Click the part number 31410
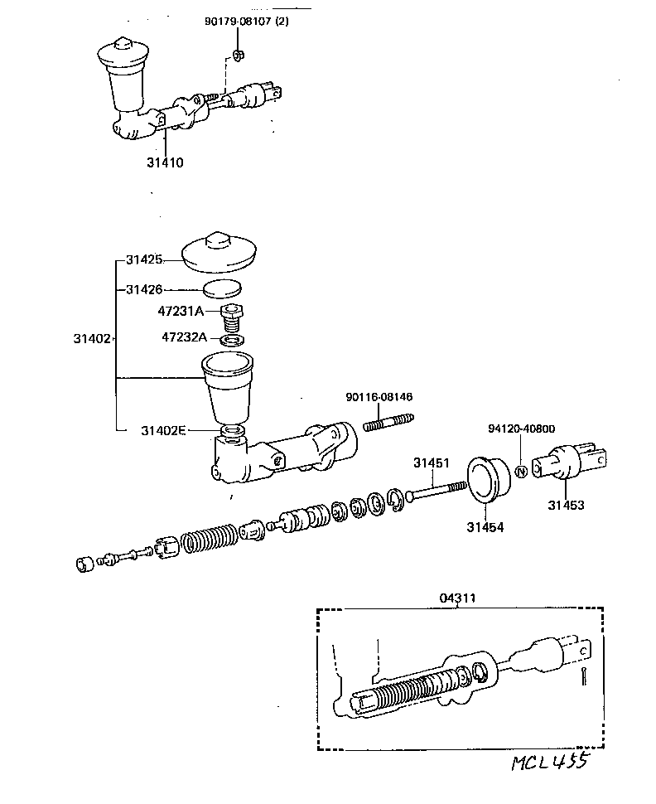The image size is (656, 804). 166,162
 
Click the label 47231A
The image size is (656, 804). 180,312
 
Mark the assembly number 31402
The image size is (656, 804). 91,338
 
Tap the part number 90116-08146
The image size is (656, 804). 379,398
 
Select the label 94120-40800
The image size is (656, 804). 521,429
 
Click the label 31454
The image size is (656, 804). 485,526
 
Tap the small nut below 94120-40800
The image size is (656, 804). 521,471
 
